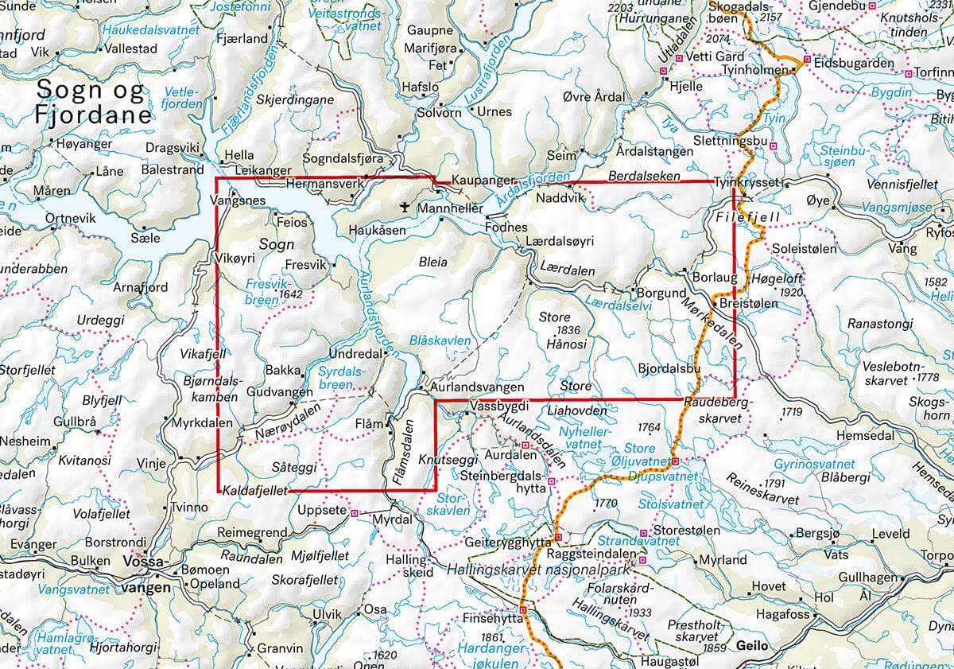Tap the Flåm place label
click(x=373, y=423)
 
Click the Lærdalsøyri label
click(x=560, y=240)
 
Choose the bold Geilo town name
click(x=752, y=645)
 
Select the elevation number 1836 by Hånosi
click(x=570, y=330)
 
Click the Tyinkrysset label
click(x=749, y=182)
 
